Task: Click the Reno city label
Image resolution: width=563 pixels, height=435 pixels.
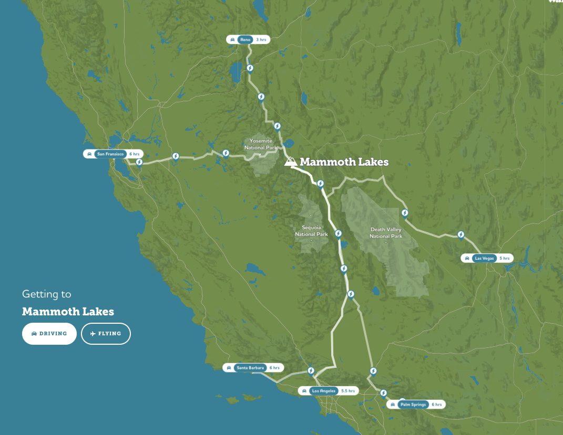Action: (244, 39)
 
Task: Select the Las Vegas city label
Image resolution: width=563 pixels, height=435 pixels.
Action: (484, 258)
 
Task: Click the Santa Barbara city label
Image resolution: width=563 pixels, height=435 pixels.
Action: (250, 368)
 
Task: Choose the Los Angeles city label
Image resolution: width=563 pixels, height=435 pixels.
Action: (323, 391)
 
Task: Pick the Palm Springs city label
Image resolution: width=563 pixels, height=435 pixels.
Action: (413, 405)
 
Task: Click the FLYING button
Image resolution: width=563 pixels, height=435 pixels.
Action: (106, 334)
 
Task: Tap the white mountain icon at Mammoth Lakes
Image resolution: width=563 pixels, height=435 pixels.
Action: (290, 162)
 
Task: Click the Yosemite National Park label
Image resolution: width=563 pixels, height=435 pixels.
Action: (261, 144)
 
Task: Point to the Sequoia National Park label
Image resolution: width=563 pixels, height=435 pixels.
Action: (311, 231)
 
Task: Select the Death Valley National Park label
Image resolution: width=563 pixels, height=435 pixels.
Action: (386, 233)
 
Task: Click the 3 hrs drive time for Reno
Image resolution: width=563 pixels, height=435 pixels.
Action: (261, 39)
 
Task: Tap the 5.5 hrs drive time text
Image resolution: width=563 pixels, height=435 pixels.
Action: (348, 391)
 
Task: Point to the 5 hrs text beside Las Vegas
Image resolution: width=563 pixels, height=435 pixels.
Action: (504, 258)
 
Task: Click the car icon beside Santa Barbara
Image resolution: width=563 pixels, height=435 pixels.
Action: (229, 368)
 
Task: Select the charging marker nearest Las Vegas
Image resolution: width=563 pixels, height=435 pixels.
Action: (460, 235)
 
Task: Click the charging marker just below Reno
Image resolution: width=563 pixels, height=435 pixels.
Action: (250, 68)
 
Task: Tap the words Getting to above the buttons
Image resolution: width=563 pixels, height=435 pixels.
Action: (46, 294)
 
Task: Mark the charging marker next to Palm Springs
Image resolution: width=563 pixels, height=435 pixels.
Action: (383, 393)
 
